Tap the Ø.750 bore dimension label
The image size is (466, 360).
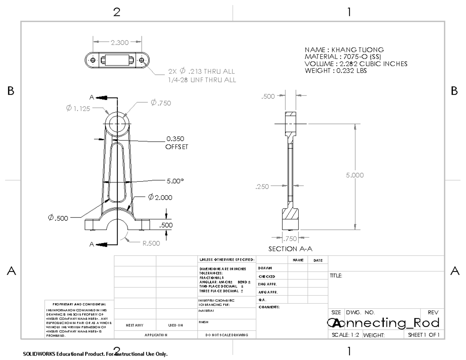point(161,103)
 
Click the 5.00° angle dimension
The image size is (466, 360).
point(175,181)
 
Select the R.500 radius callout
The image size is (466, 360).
point(151,243)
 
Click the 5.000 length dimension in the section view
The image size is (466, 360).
point(355,175)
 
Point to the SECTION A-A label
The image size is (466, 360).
point(290,249)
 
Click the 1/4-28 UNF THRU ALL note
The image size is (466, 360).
point(202,80)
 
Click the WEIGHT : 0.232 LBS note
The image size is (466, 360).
point(336,71)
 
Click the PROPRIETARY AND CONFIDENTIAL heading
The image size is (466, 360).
point(79,304)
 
